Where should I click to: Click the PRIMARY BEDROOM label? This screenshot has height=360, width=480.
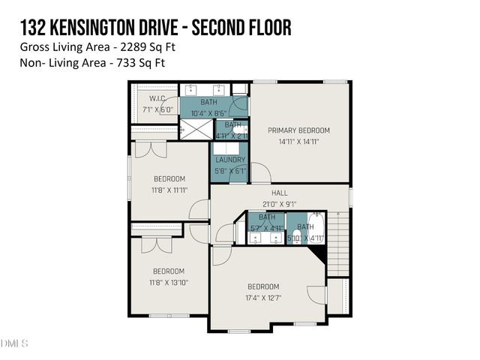coord(299,130)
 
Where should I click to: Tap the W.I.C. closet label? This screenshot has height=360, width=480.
coord(157,98)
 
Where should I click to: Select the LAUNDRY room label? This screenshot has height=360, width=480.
coord(230,160)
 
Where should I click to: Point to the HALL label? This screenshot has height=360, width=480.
coord(279,193)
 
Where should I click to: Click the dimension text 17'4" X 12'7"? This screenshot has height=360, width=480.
coord(263,298)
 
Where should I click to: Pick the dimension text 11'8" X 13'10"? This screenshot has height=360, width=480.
coord(169,282)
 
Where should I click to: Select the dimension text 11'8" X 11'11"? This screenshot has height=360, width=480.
coord(169,190)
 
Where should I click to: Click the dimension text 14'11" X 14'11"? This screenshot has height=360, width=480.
coord(299,141)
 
